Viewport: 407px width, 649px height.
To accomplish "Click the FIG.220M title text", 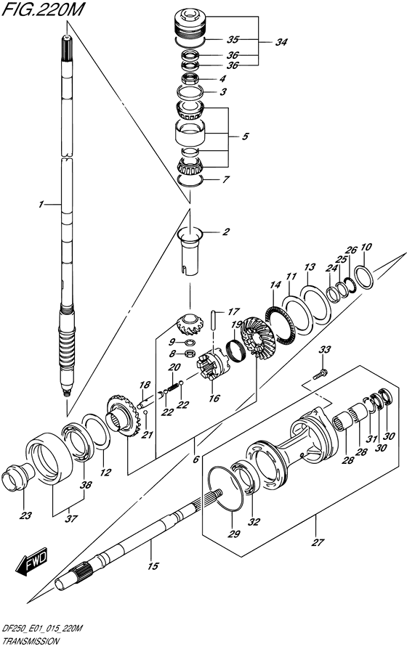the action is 43,10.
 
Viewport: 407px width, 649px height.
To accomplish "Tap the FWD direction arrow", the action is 32,561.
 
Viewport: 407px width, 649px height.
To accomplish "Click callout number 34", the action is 281,42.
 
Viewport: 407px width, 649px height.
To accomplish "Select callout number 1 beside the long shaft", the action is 41,204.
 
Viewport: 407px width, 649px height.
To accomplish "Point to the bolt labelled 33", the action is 321,374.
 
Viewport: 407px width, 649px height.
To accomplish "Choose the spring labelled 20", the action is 173,387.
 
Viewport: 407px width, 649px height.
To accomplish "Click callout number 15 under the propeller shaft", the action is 153,566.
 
